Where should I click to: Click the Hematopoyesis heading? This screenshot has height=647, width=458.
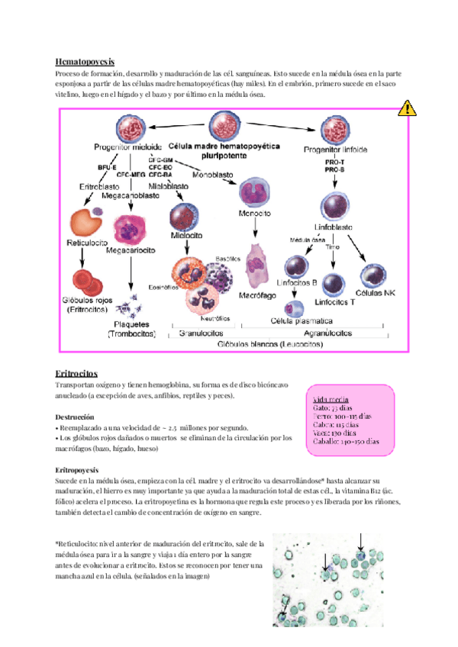click(85, 60)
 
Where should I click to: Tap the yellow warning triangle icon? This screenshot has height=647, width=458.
click(408, 108)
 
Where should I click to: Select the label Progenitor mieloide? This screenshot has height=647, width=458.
click(127, 147)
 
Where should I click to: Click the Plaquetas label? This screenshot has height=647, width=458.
click(132, 323)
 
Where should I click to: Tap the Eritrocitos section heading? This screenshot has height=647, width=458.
click(78, 373)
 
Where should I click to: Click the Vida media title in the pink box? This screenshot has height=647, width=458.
click(332, 398)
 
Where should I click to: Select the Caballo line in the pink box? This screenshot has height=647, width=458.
click(346, 441)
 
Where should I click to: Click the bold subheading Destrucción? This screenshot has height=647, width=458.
click(75, 418)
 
